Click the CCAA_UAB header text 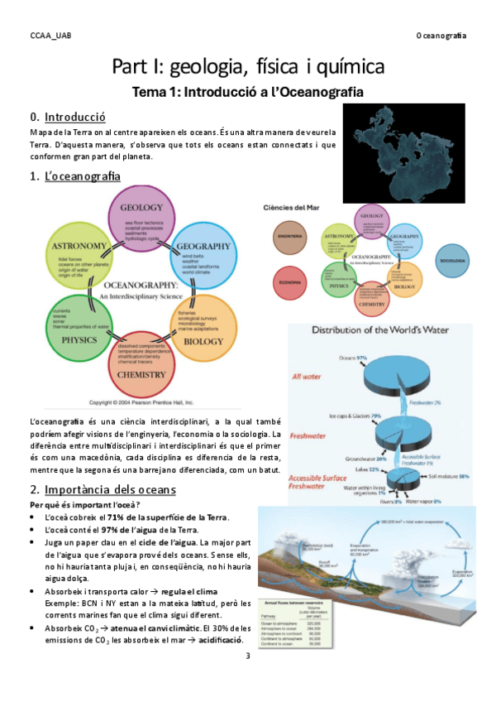(x=50, y=36)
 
